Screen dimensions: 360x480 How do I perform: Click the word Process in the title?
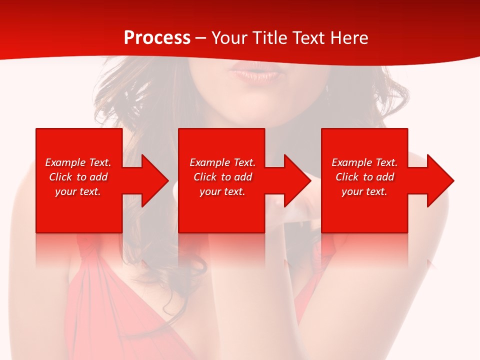coord(157,38)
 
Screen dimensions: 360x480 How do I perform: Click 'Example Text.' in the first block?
coord(78,162)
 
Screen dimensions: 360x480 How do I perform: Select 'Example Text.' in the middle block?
coord(222,162)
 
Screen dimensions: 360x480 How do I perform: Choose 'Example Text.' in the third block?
coord(364,162)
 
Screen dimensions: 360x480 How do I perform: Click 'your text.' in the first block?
coord(78,191)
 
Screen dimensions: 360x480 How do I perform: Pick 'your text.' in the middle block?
coord(222,191)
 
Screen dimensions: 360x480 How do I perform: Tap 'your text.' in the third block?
coord(364,191)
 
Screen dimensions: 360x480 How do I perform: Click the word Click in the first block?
coord(60,177)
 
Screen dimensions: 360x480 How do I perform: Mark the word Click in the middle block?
coord(205,177)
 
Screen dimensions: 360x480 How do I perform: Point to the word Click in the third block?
coord(347,177)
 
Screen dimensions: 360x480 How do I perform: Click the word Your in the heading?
coord(228,38)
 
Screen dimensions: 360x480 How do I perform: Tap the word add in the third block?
coord(385,177)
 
